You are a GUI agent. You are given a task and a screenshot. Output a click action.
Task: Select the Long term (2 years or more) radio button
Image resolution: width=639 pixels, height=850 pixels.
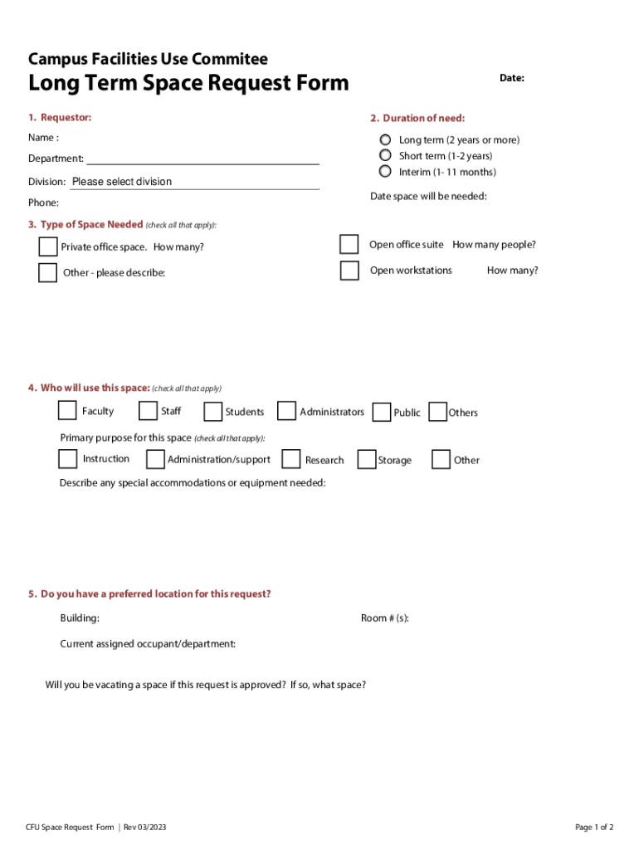click(x=385, y=140)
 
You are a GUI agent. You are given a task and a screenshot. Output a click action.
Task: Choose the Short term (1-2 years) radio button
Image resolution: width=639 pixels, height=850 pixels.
click(x=385, y=155)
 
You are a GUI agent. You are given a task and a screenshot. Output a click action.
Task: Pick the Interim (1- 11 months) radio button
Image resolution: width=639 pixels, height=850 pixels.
click(x=385, y=172)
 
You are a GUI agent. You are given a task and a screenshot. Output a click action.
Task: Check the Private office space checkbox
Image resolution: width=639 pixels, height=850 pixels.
click(x=48, y=247)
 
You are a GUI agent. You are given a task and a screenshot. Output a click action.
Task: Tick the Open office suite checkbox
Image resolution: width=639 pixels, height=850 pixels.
click(x=349, y=245)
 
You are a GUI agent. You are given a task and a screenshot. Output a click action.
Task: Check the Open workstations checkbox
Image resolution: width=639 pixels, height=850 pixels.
click(x=349, y=271)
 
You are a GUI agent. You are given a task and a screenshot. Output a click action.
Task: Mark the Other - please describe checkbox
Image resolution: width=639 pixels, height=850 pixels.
click(x=48, y=272)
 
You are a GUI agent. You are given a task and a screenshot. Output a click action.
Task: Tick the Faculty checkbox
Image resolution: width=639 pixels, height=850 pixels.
click(x=67, y=411)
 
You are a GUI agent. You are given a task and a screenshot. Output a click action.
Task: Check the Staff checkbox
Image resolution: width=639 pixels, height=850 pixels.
click(x=149, y=411)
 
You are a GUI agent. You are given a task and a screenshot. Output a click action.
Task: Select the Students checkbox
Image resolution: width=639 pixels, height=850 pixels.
click(x=212, y=412)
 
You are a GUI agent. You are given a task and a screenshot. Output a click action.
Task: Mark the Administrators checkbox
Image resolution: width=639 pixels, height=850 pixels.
click(x=286, y=412)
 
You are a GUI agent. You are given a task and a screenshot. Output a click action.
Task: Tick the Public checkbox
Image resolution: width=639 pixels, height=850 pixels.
click(x=382, y=413)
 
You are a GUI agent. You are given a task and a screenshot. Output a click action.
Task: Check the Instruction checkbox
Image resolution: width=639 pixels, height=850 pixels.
click(x=68, y=459)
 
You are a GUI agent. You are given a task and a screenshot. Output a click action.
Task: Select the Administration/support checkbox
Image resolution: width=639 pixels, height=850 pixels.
click(x=155, y=460)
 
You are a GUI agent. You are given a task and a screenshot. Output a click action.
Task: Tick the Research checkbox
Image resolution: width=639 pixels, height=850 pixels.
click(x=291, y=460)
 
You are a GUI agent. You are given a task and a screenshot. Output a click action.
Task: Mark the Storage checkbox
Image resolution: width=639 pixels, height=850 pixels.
click(x=366, y=460)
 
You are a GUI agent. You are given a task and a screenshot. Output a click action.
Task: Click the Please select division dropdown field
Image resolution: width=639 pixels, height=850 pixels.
click(x=195, y=182)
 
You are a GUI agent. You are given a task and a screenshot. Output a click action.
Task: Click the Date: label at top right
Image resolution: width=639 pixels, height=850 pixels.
click(x=511, y=78)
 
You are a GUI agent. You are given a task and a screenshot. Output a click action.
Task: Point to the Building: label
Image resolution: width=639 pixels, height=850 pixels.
click(x=80, y=618)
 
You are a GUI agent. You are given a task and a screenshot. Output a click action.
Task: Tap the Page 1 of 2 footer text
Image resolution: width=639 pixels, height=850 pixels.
click(x=594, y=827)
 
